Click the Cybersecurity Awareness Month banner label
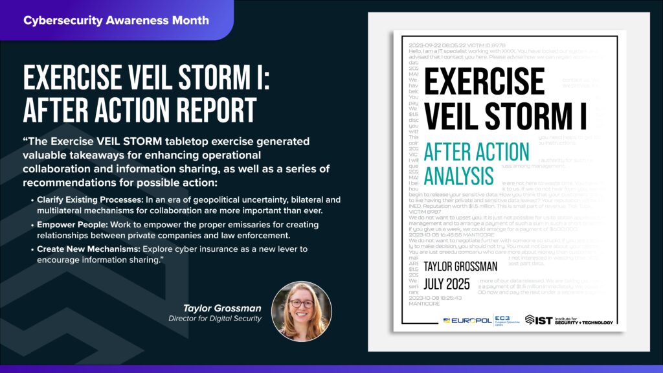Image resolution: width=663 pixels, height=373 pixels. (116, 20)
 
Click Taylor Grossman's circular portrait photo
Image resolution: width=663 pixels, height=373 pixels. (301, 311)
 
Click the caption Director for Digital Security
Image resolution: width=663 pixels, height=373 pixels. (214, 319)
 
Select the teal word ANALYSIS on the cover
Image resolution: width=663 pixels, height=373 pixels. (459, 175)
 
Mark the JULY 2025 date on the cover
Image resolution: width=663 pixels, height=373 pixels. (447, 284)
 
